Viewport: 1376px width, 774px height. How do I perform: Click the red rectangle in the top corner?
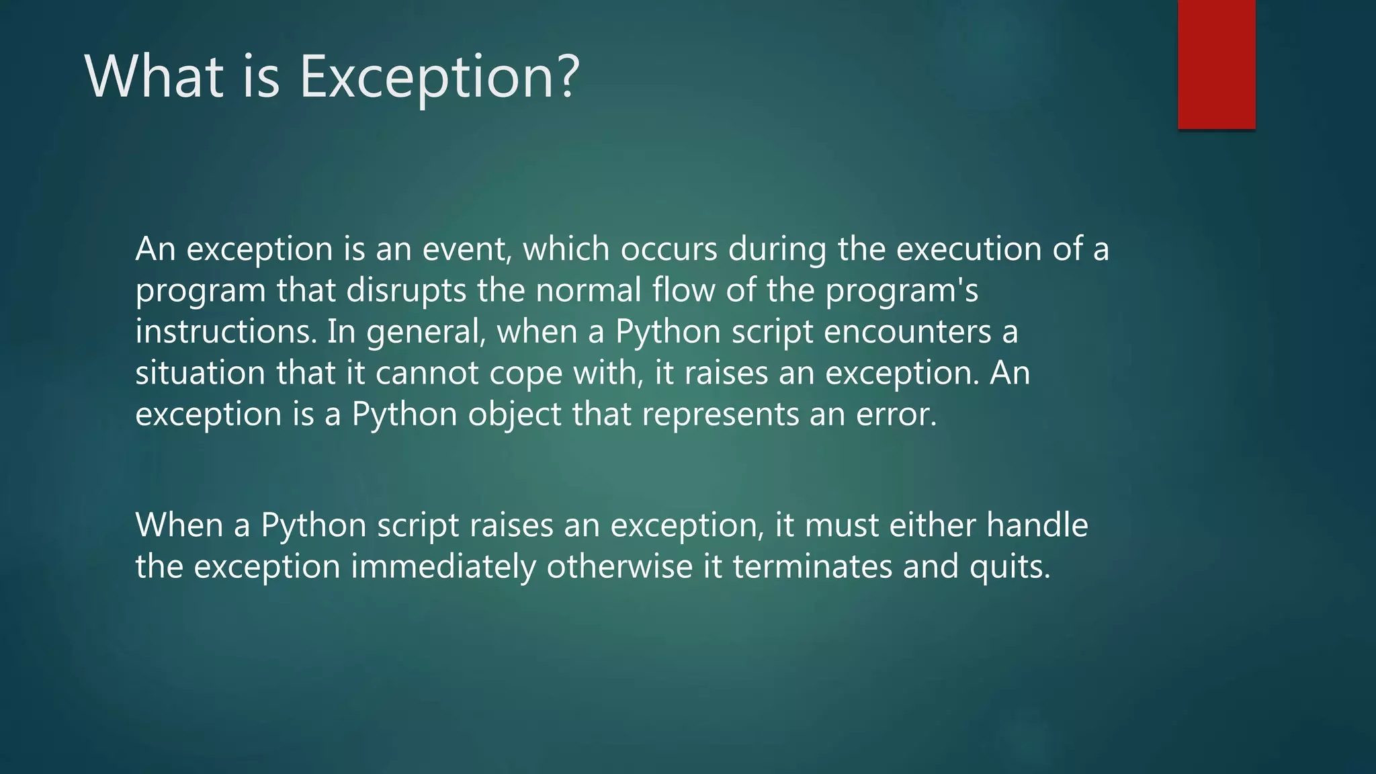pos(1216,64)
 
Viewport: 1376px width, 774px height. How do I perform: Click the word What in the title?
pos(154,77)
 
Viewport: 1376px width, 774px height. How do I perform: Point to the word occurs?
pos(669,249)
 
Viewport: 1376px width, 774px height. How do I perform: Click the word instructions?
pos(226,332)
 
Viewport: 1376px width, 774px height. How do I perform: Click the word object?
pos(515,415)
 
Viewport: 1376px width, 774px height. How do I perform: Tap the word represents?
pos(720,415)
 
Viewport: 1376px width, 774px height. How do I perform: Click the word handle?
pos(1037,525)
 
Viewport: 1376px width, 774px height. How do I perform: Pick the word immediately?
pos(443,567)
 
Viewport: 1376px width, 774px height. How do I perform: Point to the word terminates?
pos(812,567)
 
